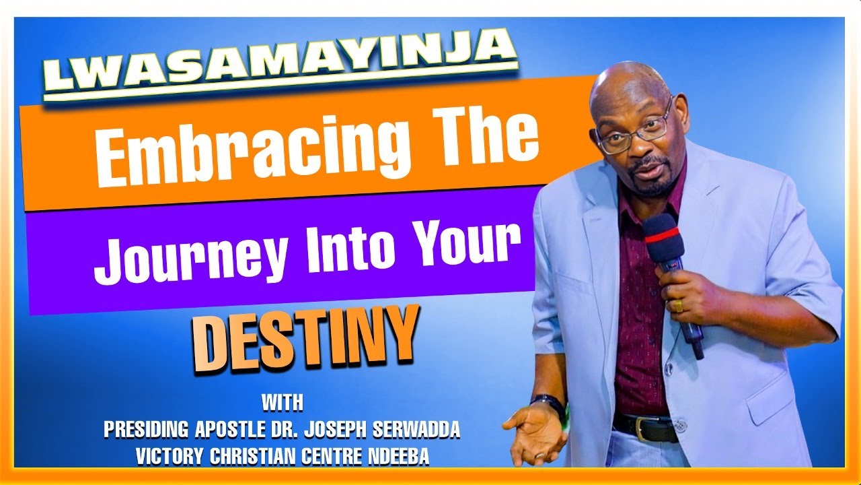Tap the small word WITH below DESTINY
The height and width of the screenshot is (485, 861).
[x=282, y=403]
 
